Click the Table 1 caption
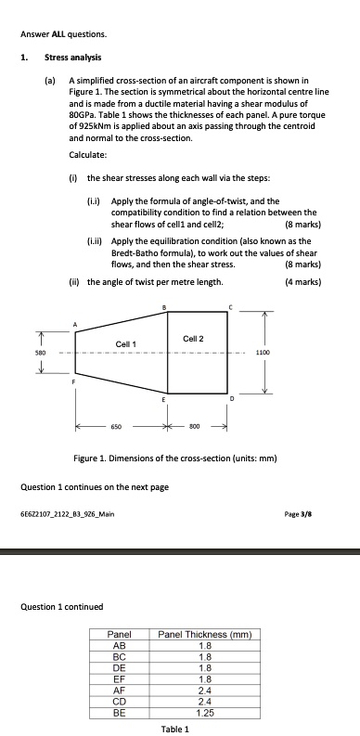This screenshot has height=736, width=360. pyautogui.click(x=174, y=729)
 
